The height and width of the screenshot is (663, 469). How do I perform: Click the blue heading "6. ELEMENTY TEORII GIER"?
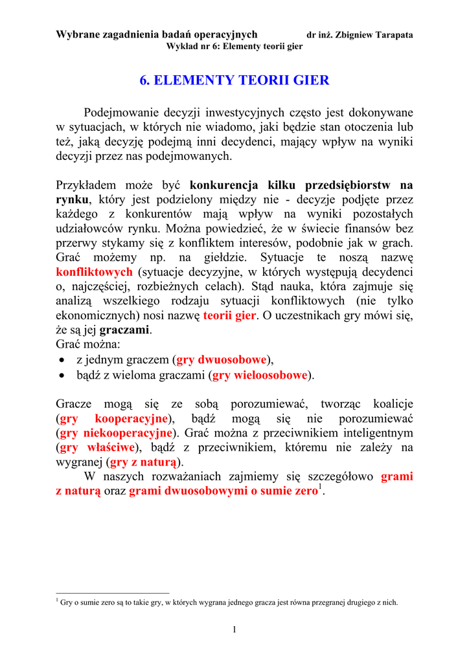[x=234, y=81]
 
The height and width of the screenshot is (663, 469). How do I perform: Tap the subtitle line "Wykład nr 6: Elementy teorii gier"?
[x=234, y=47]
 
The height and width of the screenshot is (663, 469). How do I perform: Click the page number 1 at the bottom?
[x=234, y=629]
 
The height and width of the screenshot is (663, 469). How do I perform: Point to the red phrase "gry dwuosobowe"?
[x=222, y=360]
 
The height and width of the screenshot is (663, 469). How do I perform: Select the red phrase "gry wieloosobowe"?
[x=260, y=375]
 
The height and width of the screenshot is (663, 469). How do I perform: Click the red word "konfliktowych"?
[x=95, y=272]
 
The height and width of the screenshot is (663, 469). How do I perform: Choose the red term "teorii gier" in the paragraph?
[x=230, y=315]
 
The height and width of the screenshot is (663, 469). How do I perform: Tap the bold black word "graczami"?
[x=125, y=330]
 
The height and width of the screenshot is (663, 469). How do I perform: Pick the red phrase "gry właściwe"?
[x=97, y=447]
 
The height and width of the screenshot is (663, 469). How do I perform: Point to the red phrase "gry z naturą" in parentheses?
[x=144, y=462]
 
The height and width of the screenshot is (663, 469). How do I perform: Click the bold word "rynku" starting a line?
[x=72, y=199]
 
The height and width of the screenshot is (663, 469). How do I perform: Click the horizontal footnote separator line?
[x=113, y=592]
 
